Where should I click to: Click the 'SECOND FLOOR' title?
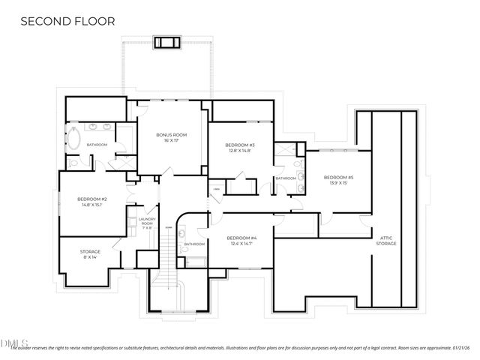click(67, 21)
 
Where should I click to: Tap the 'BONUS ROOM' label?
click(171, 135)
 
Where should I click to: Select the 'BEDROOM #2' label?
click(92, 199)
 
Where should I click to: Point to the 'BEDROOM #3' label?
click(242, 145)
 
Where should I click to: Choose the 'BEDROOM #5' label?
click(337, 177)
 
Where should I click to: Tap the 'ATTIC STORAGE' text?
click(386, 241)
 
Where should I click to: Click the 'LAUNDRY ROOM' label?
click(147, 221)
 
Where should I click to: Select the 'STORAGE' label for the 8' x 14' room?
click(90, 251)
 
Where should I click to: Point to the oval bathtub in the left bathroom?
click(75, 137)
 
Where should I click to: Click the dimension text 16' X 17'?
click(171, 140)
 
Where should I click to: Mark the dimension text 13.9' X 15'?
click(337, 183)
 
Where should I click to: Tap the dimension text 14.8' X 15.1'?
click(92, 205)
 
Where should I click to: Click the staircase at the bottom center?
click(167, 289)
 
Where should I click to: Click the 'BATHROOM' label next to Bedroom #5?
click(286, 178)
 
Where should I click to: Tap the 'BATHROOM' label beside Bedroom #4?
click(194, 244)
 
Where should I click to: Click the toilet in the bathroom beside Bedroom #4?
click(182, 235)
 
